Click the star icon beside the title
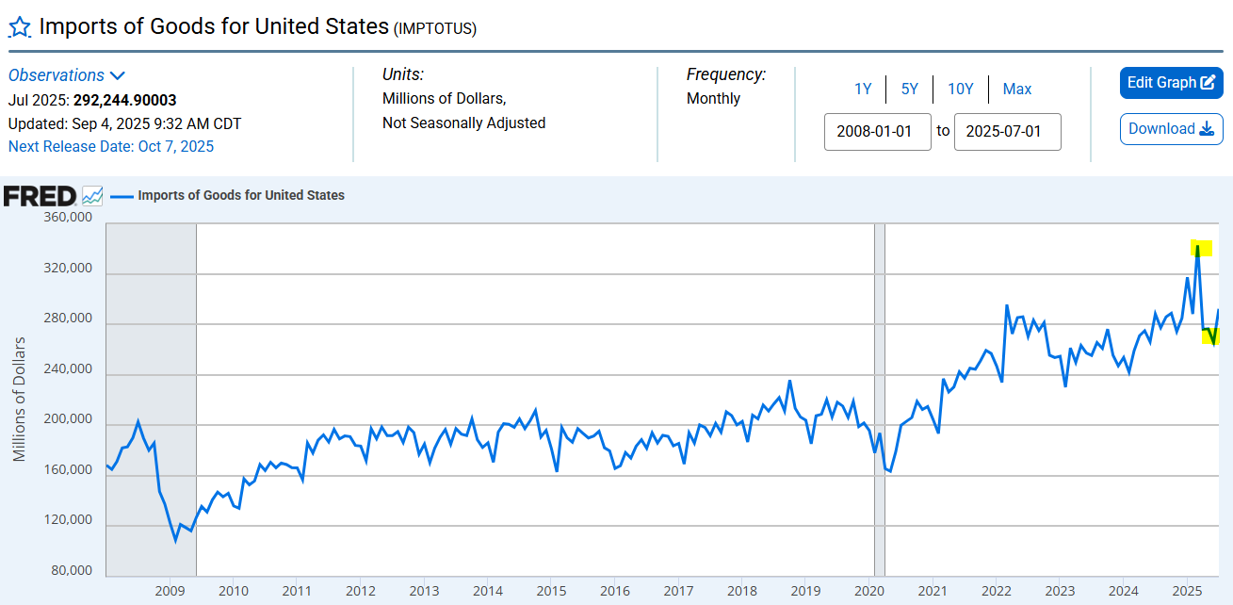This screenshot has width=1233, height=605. [x=20, y=26]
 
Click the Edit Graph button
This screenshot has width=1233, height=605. [x=1171, y=83]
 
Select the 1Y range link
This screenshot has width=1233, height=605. [x=863, y=90]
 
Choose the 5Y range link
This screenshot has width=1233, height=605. [x=909, y=90]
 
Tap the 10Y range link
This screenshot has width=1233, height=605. [x=960, y=90]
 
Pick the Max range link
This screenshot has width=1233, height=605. [x=1016, y=90]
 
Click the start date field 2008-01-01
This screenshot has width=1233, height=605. [x=877, y=132]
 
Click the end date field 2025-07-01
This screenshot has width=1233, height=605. [x=1007, y=132]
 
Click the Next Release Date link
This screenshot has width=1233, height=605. [x=111, y=146]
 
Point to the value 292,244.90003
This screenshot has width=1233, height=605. [x=125, y=100]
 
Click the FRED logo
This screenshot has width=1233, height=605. [x=41, y=196]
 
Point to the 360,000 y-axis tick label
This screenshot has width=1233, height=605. [x=68, y=218]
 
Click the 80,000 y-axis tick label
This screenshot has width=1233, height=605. [x=72, y=570]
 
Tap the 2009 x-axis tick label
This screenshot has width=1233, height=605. [x=170, y=591]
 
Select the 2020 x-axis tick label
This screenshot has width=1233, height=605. [x=868, y=591]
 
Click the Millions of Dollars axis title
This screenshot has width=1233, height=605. [x=20, y=400]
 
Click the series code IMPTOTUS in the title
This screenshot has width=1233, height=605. [x=434, y=29]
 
